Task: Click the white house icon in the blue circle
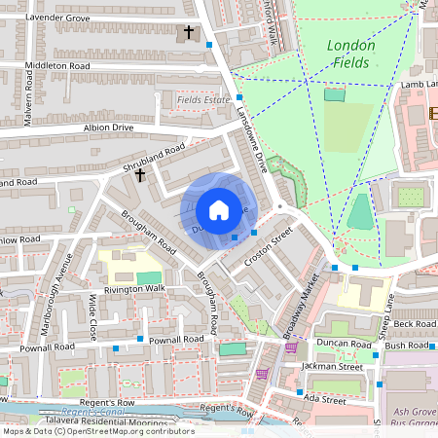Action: point(219,209)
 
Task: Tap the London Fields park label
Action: point(349,54)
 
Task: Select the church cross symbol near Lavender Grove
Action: point(189,32)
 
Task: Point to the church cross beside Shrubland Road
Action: point(140,175)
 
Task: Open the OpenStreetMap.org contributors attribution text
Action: point(136,430)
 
